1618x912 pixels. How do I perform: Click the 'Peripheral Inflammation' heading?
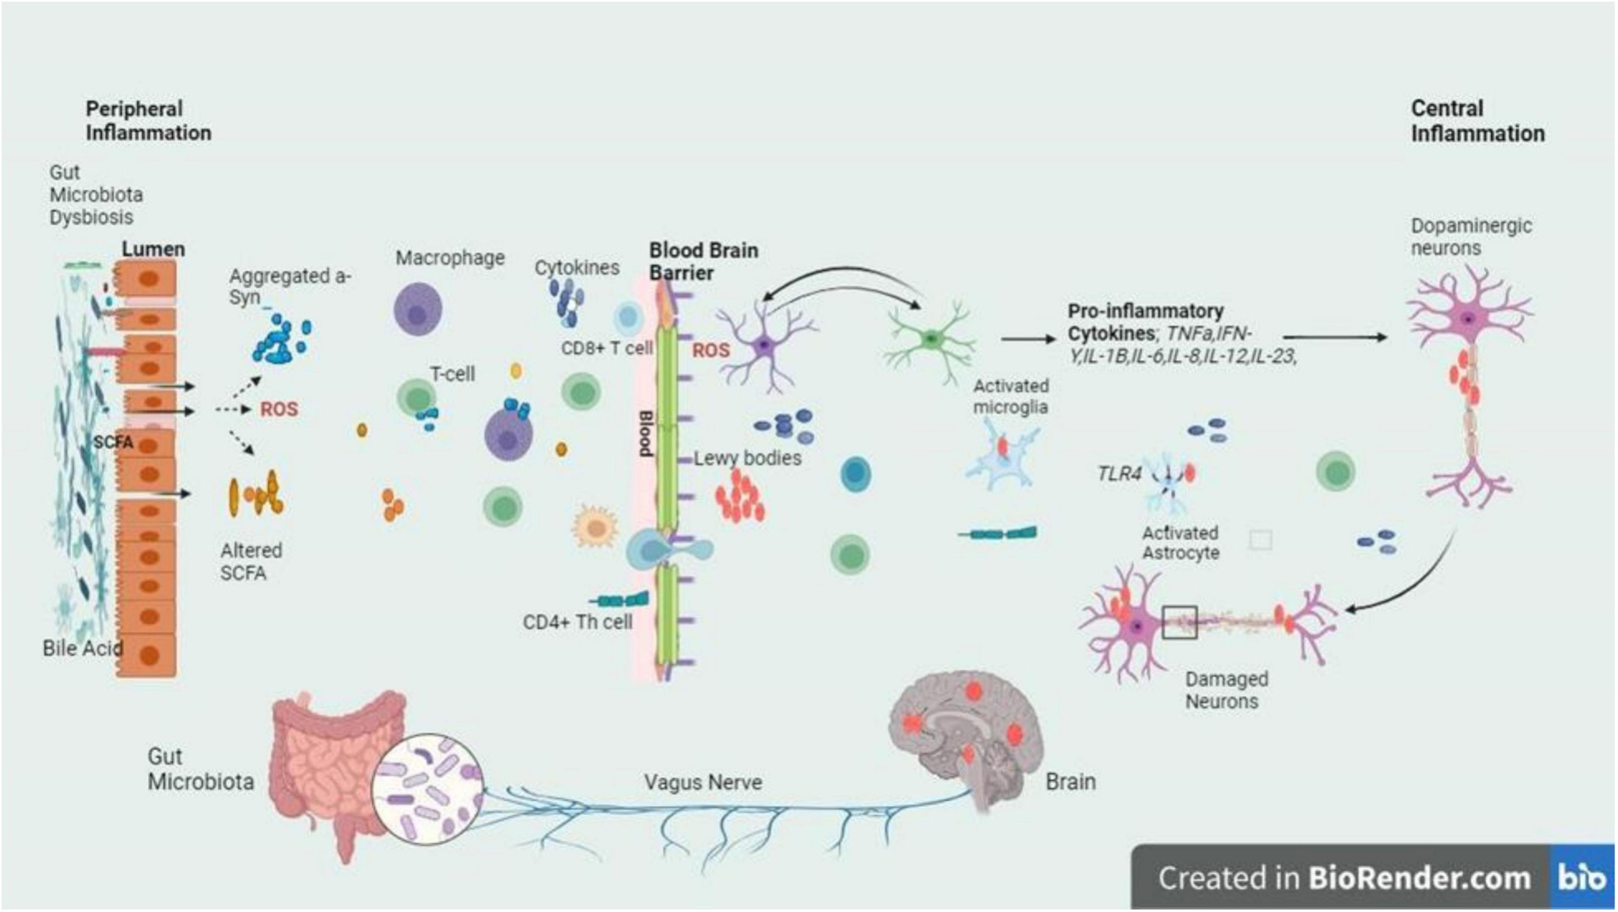coord(148,121)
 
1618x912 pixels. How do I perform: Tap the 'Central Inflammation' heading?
coord(1477,121)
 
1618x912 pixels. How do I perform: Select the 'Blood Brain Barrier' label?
coord(703,261)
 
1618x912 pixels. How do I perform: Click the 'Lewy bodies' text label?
coord(747,458)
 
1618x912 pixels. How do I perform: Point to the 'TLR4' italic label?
coord(1119,473)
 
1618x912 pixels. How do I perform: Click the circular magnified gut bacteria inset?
coord(427,788)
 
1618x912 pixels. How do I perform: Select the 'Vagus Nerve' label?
coord(703,782)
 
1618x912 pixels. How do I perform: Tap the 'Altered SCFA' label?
coord(251,562)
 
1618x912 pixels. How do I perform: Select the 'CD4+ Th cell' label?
coord(577,622)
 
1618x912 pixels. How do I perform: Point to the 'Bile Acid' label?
coord(82,648)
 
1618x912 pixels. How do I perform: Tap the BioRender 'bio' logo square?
coord(1582,878)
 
